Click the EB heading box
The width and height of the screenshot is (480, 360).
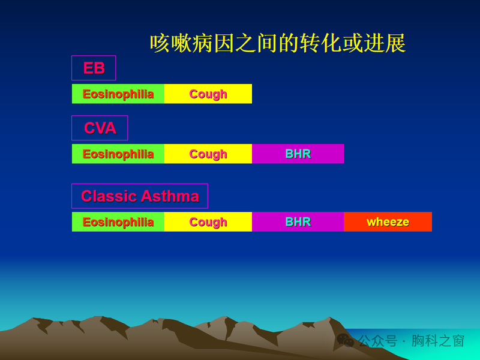point(94,68)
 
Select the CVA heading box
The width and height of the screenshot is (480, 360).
point(100,128)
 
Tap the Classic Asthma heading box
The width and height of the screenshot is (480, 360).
point(140,196)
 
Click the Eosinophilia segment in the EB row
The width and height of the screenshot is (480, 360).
point(118,94)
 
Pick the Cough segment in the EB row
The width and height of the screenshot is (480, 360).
point(208,94)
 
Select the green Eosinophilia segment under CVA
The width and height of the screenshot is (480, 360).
point(118,154)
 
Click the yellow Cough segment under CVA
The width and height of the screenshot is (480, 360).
point(208,154)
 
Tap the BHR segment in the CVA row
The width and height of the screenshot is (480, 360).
point(298,154)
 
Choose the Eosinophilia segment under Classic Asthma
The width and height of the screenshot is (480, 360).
point(118,222)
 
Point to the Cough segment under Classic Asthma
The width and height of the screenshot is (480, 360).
point(208,222)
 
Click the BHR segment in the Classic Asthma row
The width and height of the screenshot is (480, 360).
point(298,222)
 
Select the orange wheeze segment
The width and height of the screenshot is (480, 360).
point(388,222)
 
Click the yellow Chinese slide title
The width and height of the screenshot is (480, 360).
point(278,43)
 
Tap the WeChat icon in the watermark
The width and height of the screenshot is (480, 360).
point(345,340)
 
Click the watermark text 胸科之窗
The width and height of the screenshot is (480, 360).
point(438,341)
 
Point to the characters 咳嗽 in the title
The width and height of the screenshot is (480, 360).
point(171,43)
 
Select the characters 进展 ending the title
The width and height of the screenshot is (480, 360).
point(385,43)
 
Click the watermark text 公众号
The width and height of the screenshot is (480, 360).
point(378,341)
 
